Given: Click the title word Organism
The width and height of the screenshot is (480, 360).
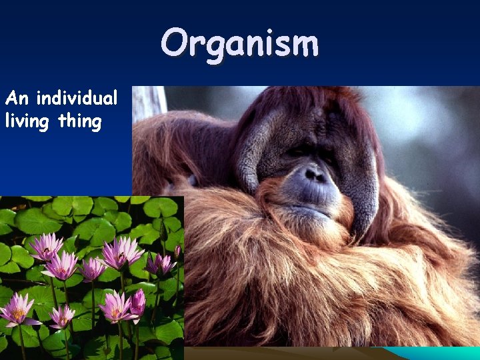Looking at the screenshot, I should (x=239, y=44).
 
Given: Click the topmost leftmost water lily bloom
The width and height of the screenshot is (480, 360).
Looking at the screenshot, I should (x=45, y=247).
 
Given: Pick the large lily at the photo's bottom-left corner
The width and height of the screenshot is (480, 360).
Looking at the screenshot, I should (x=17, y=311).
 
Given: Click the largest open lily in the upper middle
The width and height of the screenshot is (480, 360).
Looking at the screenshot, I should (x=121, y=253).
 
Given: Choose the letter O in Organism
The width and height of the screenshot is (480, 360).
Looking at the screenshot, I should (x=175, y=44).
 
